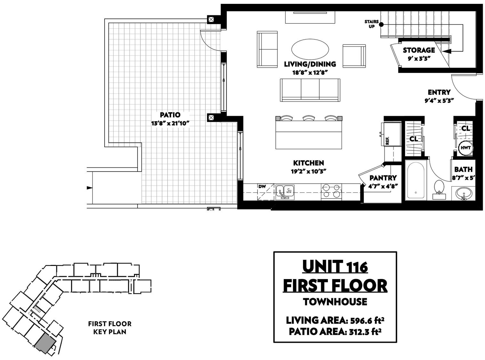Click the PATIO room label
point(170,115)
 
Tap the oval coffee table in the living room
point(310,51)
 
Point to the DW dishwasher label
point(262,187)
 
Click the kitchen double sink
point(285,192)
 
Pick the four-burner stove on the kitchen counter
point(331,192)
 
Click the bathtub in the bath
point(416,180)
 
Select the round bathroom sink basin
point(463,193)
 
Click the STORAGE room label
point(419,50)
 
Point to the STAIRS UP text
point(371,24)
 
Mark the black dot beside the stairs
point(381,25)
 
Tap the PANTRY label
point(383,178)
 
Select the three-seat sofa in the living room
point(310,90)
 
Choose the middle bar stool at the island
point(308,118)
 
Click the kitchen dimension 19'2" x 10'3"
point(308,172)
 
